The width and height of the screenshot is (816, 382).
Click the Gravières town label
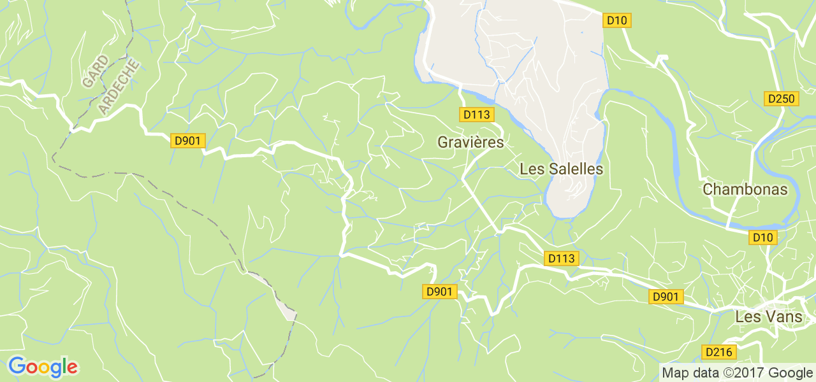click(x=470, y=143)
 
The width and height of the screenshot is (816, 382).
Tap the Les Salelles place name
click(x=561, y=169)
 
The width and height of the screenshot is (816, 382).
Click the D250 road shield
click(x=781, y=99)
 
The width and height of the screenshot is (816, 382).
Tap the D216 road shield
click(x=719, y=352)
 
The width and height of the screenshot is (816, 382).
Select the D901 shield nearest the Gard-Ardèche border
click(x=187, y=141)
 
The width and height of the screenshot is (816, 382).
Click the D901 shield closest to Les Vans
click(x=666, y=297)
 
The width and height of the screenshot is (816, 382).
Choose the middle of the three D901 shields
click(x=440, y=292)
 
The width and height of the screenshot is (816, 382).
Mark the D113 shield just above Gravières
click(x=476, y=115)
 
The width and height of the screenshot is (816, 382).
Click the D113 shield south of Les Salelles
click(x=562, y=258)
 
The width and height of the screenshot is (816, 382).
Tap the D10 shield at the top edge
click(x=616, y=20)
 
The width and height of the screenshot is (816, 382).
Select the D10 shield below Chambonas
click(x=762, y=237)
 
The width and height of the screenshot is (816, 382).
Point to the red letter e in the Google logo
click(x=72, y=368)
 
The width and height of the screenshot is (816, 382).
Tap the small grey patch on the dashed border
click(x=289, y=314)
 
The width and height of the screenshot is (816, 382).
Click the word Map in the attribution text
click(x=675, y=373)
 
